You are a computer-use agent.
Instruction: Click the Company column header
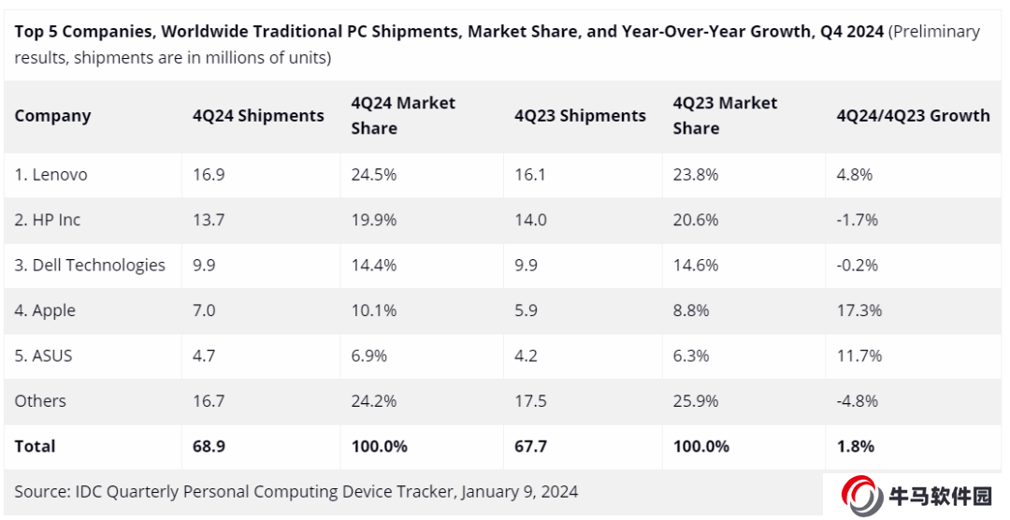click(x=52, y=116)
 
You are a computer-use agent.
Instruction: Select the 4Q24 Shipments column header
click(x=258, y=116)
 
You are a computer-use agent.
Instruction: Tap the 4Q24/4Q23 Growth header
click(x=913, y=116)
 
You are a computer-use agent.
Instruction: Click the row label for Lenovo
click(x=51, y=175)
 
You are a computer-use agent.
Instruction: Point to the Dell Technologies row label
click(x=90, y=265)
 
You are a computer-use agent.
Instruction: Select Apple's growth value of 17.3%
click(x=858, y=311)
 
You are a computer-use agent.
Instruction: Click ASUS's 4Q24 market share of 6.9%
click(x=369, y=355)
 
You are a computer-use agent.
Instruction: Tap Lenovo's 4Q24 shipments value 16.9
click(x=209, y=175)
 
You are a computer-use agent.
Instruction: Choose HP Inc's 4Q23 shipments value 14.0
click(x=530, y=220)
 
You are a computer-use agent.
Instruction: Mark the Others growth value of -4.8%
click(x=857, y=401)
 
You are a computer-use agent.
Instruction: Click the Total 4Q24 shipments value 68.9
click(x=209, y=446)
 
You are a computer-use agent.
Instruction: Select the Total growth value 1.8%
click(x=855, y=446)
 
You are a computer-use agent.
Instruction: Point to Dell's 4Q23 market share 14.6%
click(x=696, y=265)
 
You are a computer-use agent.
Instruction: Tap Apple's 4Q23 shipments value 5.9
click(x=526, y=311)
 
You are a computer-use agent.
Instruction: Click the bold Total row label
click(x=36, y=446)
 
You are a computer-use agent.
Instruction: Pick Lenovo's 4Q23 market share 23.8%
click(x=696, y=175)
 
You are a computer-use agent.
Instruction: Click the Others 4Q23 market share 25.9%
click(x=696, y=401)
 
